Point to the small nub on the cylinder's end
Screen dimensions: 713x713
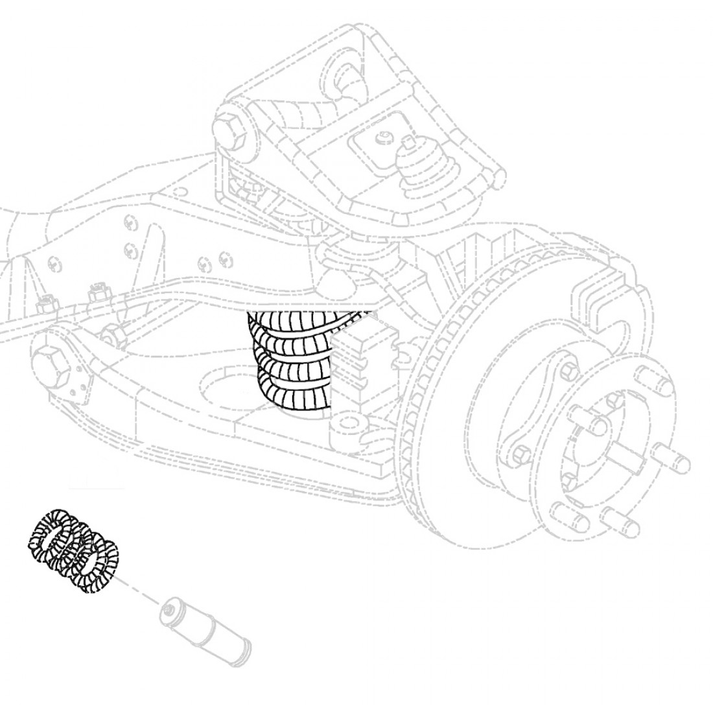pos(169,609)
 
